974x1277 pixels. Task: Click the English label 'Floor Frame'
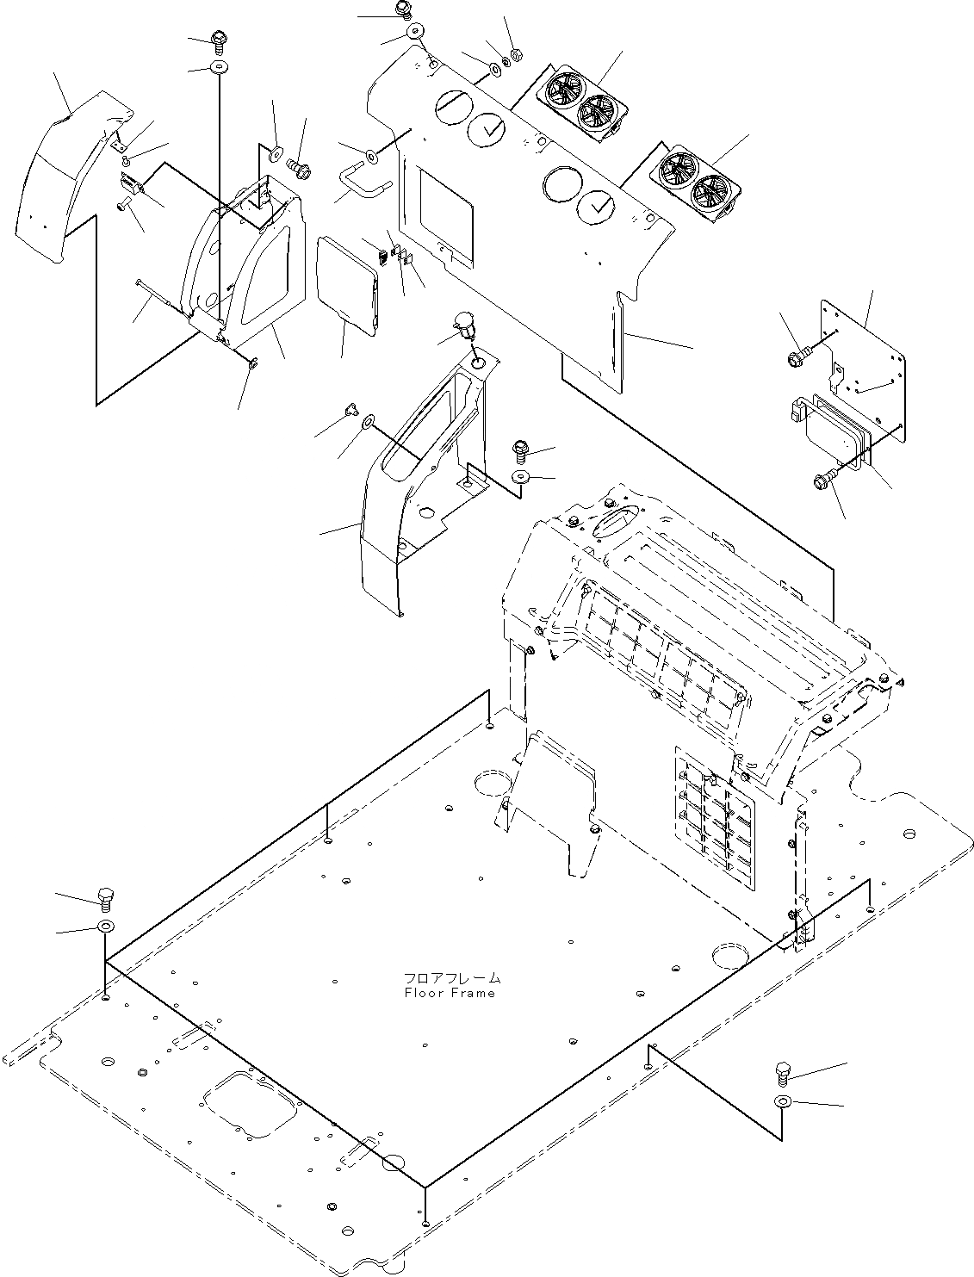pyautogui.click(x=450, y=993)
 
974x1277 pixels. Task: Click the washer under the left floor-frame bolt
pyautogui.click(x=106, y=927)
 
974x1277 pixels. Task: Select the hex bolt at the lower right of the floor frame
pyautogui.click(x=783, y=1072)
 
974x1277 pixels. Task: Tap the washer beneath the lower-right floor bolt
pyautogui.click(x=783, y=1102)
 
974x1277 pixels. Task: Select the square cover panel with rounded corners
pyautogui.click(x=347, y=285)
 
